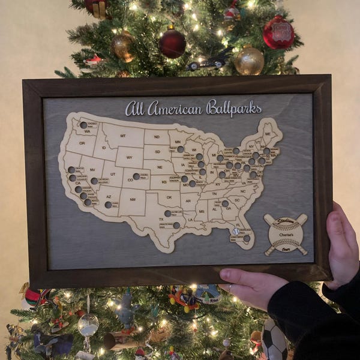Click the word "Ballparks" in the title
click(233, 108)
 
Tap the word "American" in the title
click(174, 109)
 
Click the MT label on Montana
click(122, 136)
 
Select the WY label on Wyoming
click(129, 157)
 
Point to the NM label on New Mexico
click(132, 199)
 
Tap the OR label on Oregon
click(82, 143)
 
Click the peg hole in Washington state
click(83, 125)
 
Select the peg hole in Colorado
click(136, 176)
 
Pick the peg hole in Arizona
click(108, 205)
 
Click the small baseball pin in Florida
click(236, 231)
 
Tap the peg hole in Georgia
click(225, 203)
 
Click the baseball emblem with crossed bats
click(286, 234)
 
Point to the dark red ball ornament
click(172, 43)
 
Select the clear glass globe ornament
click(88, 325)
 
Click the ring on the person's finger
click(229, 289)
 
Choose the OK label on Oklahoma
click(169, 196)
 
